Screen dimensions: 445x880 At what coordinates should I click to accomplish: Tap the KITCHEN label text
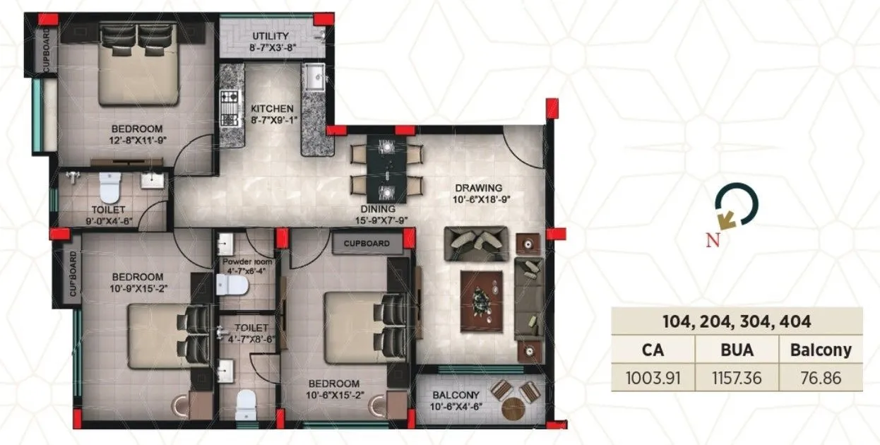(x=272, y=109)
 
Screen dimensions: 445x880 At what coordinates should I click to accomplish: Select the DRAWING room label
(x=478, y=188)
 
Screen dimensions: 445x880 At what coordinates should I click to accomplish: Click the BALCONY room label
(x=456, y=395)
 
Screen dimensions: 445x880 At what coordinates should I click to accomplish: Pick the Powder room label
(x=248, y=262)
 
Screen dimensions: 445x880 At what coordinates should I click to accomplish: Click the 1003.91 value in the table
(x=653, y=377)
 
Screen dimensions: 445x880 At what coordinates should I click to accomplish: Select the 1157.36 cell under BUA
(x=737, y=377)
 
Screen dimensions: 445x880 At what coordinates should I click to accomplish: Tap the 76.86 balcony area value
(x=821, y=377)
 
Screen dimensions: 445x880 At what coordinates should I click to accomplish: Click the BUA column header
(x=737, y=349)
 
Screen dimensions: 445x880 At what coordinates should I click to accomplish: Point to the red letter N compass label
(x=713, y=239)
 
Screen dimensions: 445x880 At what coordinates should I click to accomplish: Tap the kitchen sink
(x=314, y=75)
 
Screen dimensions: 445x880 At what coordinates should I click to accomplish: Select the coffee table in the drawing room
(x=483, y=301)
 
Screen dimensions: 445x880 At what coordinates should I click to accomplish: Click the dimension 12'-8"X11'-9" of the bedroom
(x=136, y=141)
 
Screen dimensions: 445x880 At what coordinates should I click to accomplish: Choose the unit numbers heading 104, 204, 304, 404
(x=737, y=322)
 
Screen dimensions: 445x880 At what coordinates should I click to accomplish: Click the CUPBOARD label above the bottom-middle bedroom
(x=367, y=244)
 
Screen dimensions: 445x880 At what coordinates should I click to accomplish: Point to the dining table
(x=387, y=167)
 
